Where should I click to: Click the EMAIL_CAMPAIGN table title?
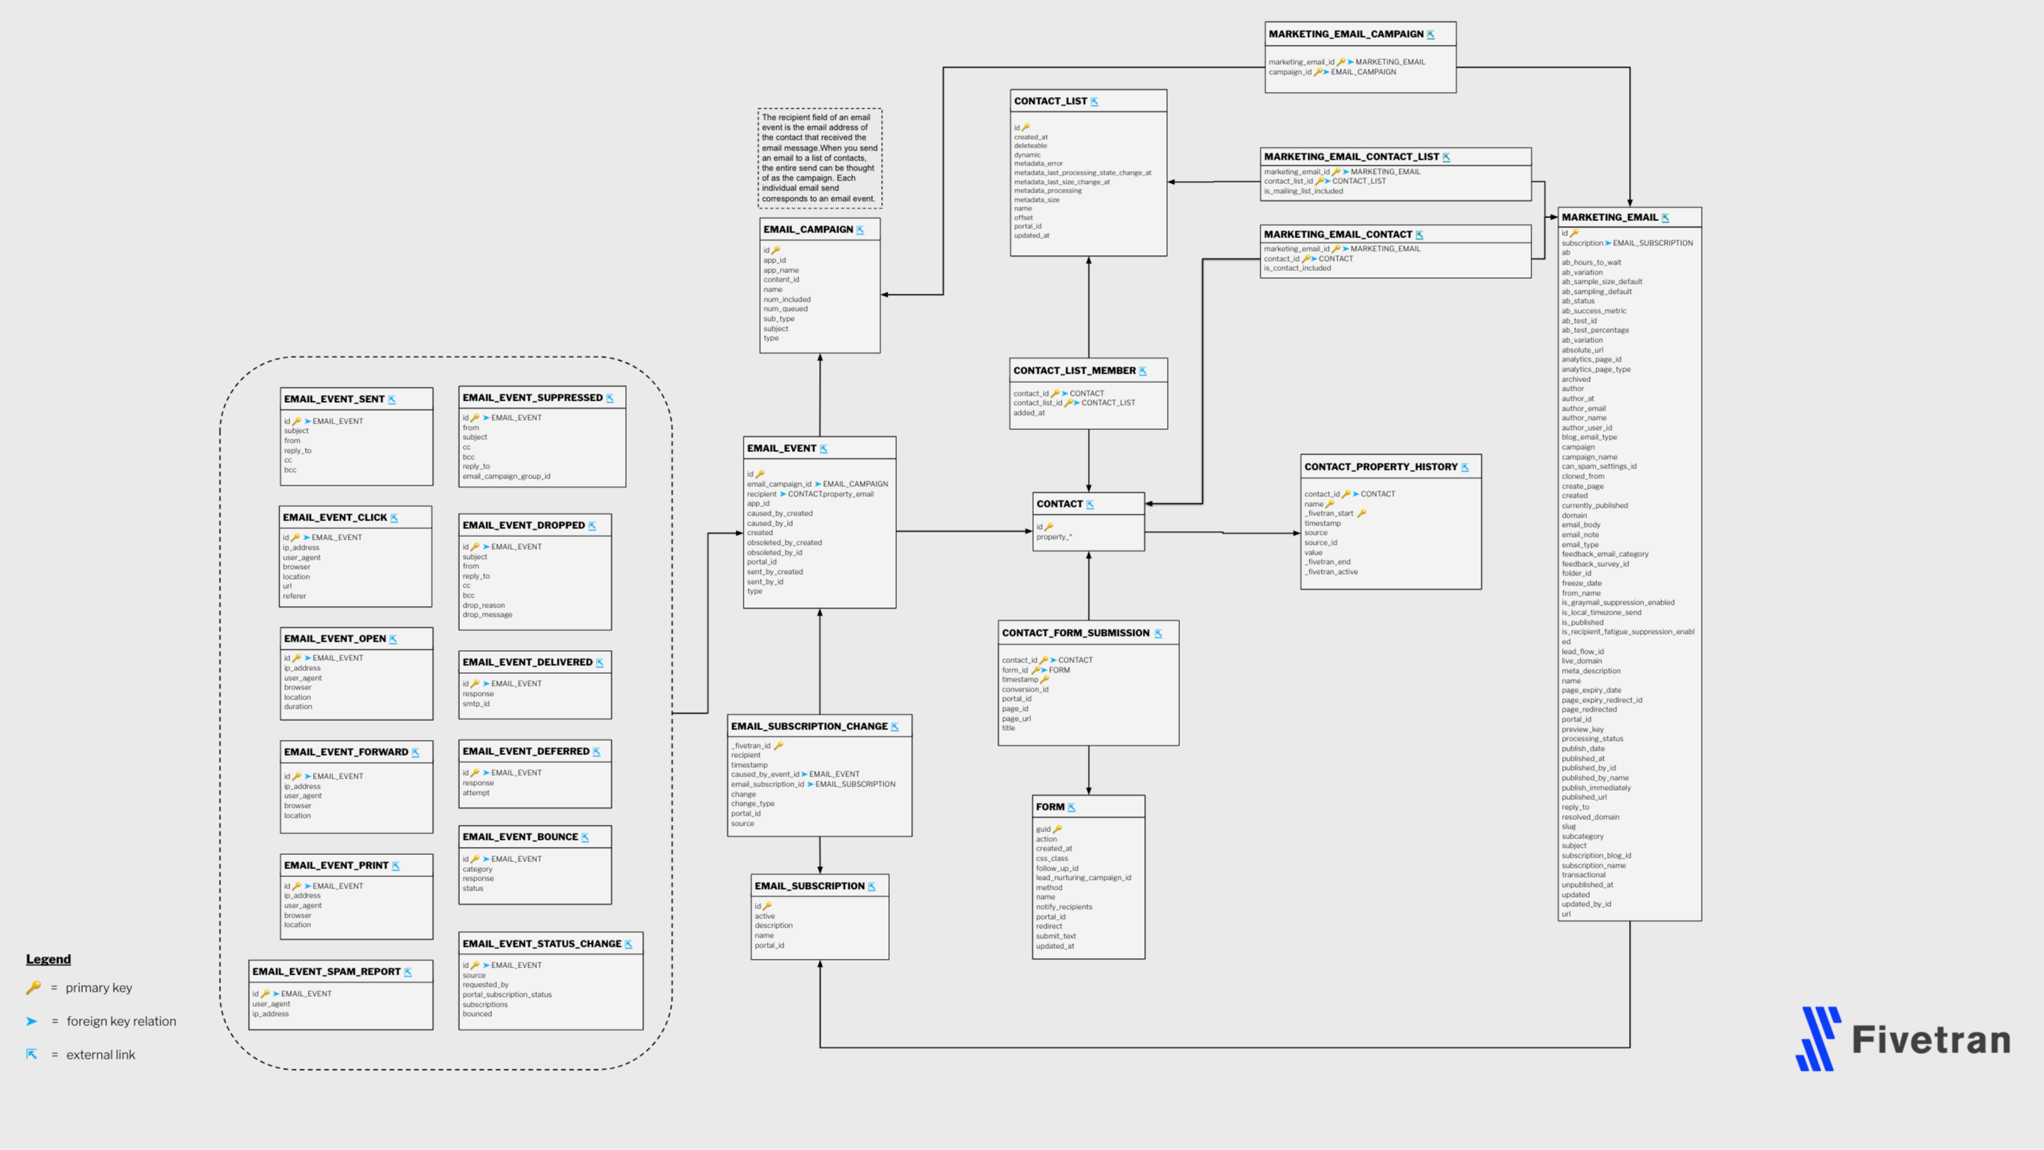pos(808,230)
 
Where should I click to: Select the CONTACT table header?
pos(1059,504)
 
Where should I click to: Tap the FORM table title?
pos(1049,807)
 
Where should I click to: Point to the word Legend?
pos(48,959)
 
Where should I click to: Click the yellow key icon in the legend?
pos(34,987)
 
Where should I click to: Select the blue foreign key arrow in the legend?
pos(32,1022)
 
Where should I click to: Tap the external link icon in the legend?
pos(32,1054)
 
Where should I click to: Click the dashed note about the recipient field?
pos(819,158)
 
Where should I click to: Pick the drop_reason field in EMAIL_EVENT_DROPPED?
pos(483,605)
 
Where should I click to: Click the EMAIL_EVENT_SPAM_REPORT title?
pos(326,972)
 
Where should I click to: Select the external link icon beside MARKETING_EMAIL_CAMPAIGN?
pos(1431,35)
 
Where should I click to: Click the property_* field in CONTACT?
pos(1053,538)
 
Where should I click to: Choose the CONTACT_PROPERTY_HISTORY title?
pos(1381,467)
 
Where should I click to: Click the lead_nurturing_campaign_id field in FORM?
pos(1083,878)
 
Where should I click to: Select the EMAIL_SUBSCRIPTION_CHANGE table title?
pos(808,727)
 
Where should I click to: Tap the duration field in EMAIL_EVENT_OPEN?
pos(297,707)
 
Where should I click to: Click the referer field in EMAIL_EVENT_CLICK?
pos(294,596)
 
